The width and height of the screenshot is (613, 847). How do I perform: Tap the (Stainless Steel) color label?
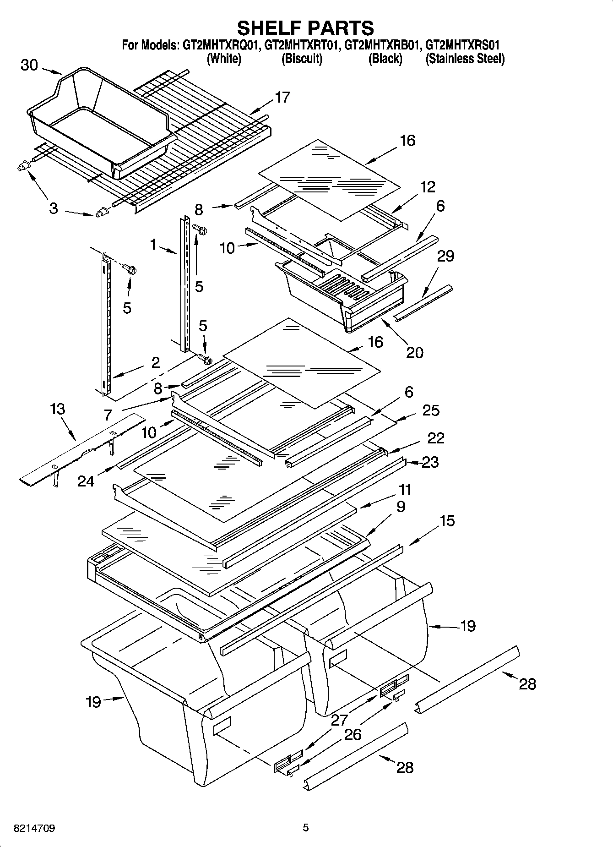point(465,59)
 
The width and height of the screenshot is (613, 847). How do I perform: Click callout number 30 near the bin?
point(29,66)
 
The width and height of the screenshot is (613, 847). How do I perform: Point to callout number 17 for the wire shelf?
point(282,97)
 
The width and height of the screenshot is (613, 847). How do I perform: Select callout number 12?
point(428,187)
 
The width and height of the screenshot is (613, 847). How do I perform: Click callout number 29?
point(445,256)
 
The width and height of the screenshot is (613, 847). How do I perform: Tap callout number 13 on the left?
point(58,409)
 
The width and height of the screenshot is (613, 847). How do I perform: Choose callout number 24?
point(86,481)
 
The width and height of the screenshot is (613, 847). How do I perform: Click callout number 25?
point(431,410)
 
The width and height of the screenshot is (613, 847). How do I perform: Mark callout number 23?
point(430,462)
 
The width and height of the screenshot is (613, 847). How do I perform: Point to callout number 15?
point(447,520)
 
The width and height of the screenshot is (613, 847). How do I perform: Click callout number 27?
point(339,720)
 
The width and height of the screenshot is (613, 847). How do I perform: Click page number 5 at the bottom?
point(306,828)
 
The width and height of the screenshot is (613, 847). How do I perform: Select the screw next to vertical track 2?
point(131,270)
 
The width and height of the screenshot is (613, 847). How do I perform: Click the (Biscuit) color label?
point(302,59)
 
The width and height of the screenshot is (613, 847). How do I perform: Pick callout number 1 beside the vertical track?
point(153,245)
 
